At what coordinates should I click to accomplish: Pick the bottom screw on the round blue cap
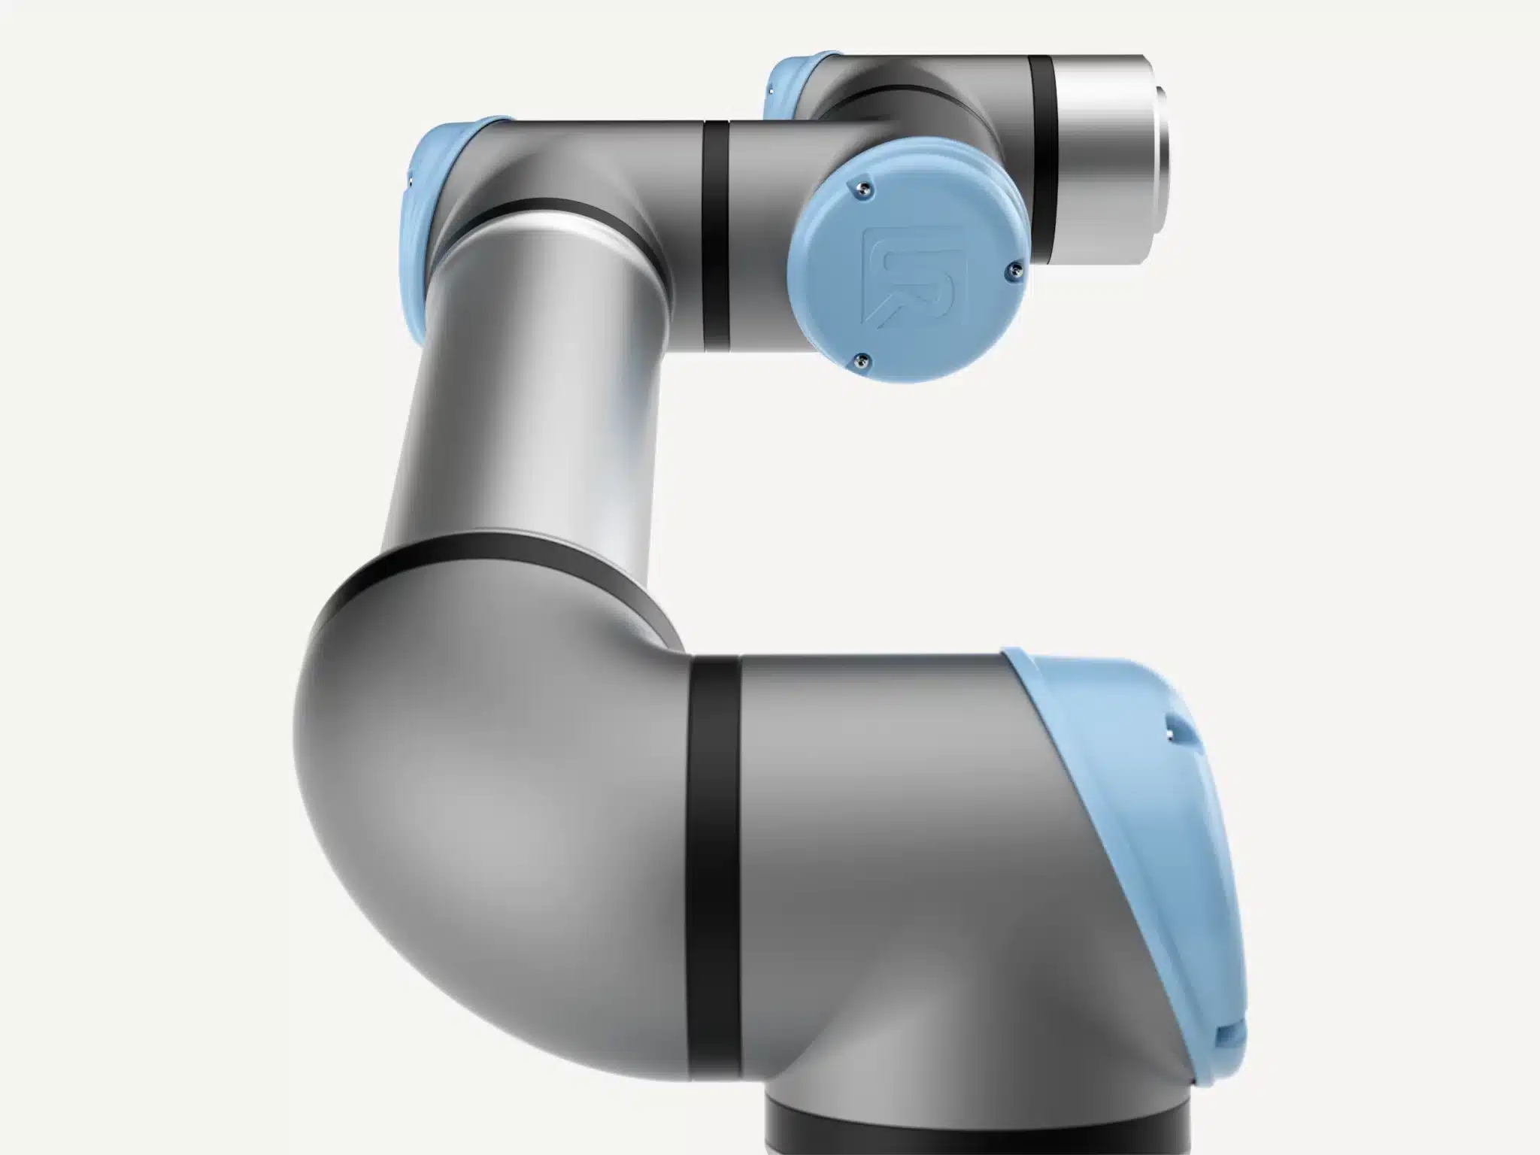click(862, 362)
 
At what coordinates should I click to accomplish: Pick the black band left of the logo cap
click(716, 233)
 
